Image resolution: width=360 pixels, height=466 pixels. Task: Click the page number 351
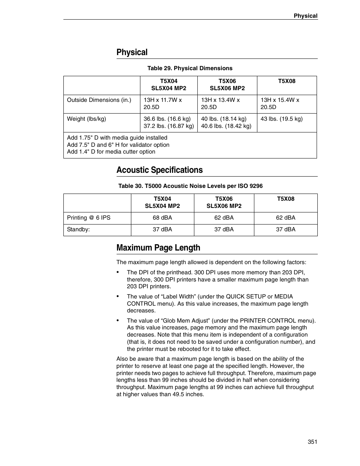[312, 442]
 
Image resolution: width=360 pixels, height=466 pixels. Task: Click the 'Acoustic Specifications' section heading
[159, 170]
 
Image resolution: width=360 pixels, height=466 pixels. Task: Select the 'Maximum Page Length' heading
[158, 248]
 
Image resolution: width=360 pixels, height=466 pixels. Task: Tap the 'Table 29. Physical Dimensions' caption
[189, 68]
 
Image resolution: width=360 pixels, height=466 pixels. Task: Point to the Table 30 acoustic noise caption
[190, 186]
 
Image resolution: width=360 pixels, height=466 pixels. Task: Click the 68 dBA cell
[162, 218]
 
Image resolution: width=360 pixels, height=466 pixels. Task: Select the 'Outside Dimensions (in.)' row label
[99, 100]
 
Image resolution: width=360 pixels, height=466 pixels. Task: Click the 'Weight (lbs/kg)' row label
[86, 119]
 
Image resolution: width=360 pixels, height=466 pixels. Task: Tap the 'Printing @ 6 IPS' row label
[89, 218]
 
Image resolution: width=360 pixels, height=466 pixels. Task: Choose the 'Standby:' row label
[78, 229]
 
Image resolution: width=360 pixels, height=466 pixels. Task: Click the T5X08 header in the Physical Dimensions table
[287, 81]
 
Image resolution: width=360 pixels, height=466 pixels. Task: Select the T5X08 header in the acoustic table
[286, 199]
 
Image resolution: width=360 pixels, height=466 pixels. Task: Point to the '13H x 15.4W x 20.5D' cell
[280, 103]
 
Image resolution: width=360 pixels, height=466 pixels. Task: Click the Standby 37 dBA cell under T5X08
[286, 229]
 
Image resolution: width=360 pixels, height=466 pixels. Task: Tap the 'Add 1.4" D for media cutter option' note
[111, 152]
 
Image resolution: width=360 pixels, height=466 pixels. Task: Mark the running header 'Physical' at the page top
[306, 16]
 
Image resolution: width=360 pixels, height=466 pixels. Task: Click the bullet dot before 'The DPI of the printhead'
[118, 272]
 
